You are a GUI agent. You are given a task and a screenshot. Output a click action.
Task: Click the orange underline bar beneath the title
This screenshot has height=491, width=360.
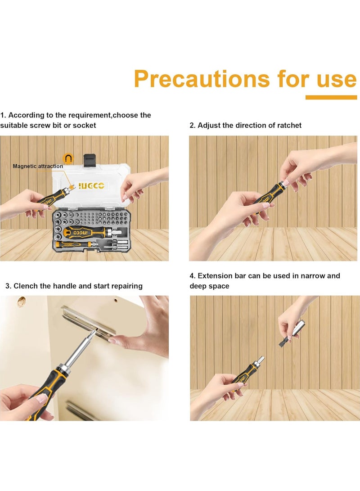coord(331,97)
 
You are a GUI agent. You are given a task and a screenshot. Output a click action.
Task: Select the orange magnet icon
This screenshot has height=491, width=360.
coord(68,158)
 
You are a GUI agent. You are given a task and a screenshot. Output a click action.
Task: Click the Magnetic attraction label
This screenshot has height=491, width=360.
coord(38,167)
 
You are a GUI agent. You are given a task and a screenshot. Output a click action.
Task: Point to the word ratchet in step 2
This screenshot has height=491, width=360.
coord(288,125)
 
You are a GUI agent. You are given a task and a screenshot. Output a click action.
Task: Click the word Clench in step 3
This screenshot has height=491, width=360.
coord(25,286)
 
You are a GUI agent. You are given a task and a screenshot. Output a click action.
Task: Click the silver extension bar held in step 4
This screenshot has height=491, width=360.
coord(296,330)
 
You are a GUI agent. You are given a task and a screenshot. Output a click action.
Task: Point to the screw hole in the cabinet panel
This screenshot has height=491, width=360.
coord(20,301)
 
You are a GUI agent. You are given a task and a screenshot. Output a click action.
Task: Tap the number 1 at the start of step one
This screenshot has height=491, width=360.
coord(2,115)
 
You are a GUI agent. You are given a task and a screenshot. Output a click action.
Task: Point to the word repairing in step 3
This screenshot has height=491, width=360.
coord(126,286)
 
